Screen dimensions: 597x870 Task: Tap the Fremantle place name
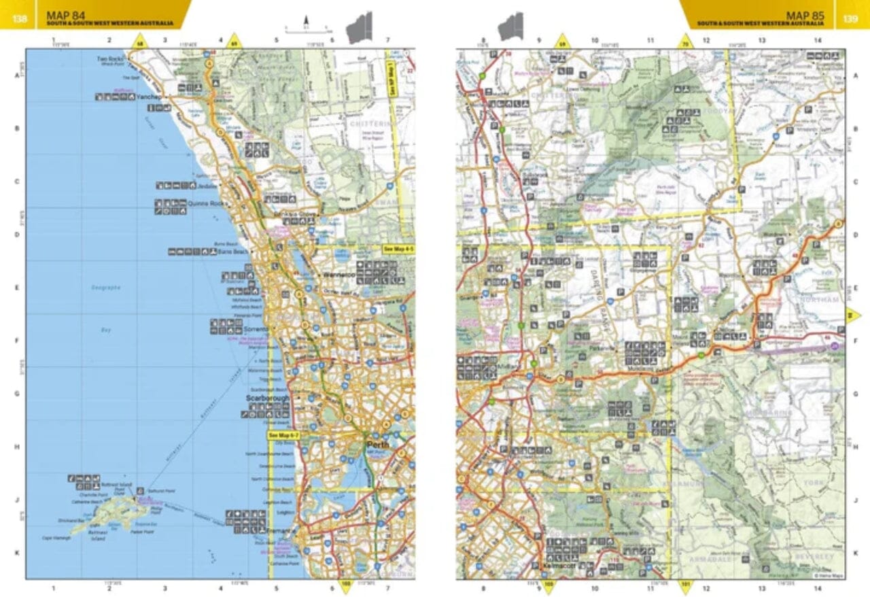click(282, 530)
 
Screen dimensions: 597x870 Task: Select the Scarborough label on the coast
click(268, 398)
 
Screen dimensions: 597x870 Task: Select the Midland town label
click(511, 365)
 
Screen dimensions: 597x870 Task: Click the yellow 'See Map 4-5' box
click(398, 250)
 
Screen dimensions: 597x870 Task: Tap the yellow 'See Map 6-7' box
click(284, 435)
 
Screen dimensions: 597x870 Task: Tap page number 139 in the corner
click(850, 18)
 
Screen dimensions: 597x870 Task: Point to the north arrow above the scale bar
click(307, 20)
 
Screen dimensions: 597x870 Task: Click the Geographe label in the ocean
click(106, 288)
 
